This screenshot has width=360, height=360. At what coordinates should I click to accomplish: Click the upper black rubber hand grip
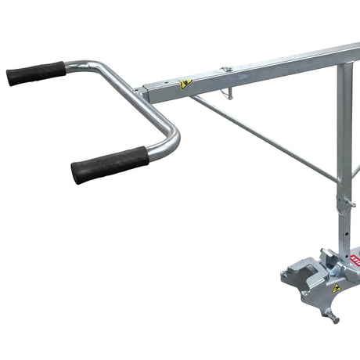[36, 73]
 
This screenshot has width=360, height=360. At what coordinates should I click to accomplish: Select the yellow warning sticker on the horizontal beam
[185, 85]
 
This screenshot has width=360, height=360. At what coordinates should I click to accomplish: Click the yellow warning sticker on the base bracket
[336, 288]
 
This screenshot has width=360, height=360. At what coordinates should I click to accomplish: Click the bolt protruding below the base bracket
[333, 316]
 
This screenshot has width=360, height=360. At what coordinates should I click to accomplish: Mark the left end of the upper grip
[9, 77]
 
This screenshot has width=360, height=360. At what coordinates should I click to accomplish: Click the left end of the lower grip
[75, 172]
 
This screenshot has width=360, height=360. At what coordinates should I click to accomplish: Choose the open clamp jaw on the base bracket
[301, 293]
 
